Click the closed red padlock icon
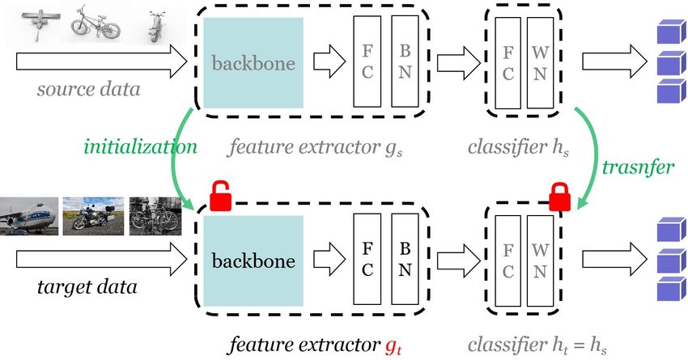point(560,197)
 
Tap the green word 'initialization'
point(140,146)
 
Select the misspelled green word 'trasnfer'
point(638,167)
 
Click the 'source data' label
point(89,89)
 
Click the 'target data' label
point(87,287)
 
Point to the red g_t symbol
point(393,346)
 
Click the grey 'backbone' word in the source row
point(253,63)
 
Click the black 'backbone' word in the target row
point(253,261)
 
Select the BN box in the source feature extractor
point(405,61)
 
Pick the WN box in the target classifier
point(540,261)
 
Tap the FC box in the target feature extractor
point(367,259)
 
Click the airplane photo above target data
point(29,216)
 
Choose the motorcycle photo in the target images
point(93,216)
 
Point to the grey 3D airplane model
point(40,24)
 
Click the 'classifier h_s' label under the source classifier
point(518,147)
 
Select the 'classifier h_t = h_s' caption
point(537,345)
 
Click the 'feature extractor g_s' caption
point(315,147)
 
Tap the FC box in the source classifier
point(508,63)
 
